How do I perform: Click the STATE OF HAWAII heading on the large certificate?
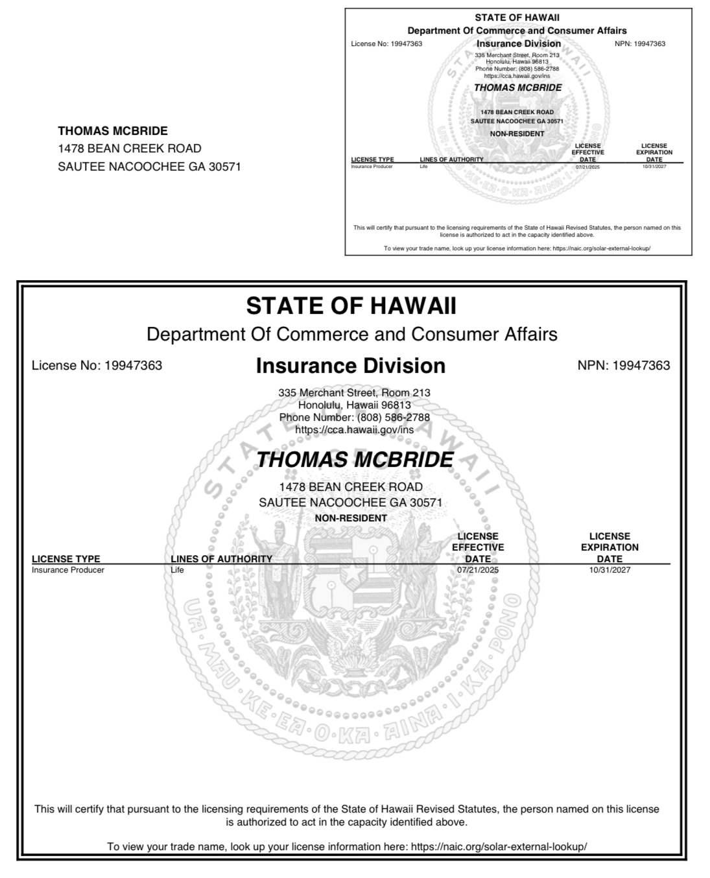point(351,305)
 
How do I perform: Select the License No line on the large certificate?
point(97,366)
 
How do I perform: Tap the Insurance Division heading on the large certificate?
point(351,366)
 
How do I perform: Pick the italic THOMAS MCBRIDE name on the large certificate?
point(354,460)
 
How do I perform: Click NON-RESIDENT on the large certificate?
point(351,518)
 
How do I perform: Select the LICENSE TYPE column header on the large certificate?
point(66,559)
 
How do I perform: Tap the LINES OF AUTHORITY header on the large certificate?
point(221,559)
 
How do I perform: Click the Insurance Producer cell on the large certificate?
point(68,570)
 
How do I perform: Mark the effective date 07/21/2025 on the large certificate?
point(478,570)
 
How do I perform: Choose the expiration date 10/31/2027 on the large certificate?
point(609,570)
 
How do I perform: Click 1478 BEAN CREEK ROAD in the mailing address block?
point(130,148)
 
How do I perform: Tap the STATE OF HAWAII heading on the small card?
point(517,18)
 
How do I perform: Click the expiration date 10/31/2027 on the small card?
point(654,167)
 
